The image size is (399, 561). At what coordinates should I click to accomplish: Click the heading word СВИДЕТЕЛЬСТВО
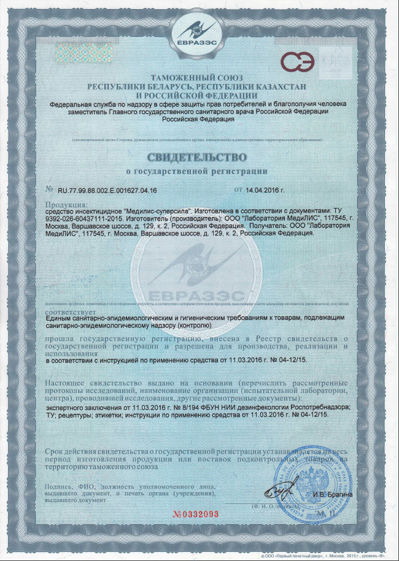(x=200, y=158)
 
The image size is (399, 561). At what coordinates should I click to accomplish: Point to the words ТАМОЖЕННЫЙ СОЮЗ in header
(x=200, y=78)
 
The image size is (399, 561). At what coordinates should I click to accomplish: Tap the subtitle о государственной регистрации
(x=200, y=171)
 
